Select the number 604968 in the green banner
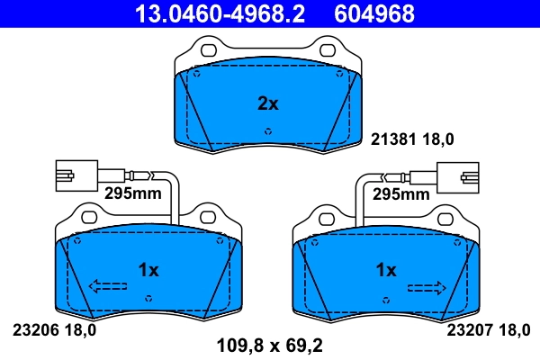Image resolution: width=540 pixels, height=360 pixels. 374,13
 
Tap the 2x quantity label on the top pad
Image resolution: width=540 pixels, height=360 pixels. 268,103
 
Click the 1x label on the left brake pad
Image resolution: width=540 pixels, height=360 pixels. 148,270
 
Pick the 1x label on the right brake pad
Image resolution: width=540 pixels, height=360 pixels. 385,270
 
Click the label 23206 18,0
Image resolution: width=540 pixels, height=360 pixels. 54,329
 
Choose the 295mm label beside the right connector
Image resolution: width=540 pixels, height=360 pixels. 401,193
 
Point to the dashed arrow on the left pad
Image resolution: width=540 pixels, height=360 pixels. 107,287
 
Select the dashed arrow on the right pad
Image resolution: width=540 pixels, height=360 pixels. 427,287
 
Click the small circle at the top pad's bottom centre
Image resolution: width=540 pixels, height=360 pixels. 267,131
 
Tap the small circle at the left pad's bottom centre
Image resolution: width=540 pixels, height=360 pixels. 148,297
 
